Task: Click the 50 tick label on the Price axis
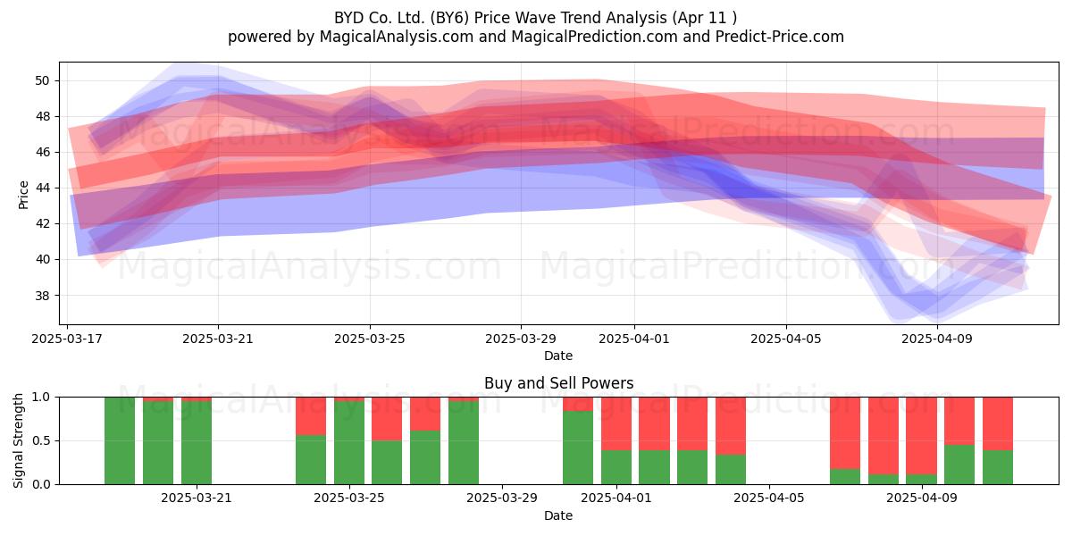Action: [x=42, y=80]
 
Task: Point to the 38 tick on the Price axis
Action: [x=42, y=296]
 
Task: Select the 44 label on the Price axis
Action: [x=42, y=188]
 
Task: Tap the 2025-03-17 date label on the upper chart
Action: [x=67, y=339]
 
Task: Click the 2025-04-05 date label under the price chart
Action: [x=786, y=339]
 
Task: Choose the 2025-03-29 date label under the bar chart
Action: [x=502, y=498]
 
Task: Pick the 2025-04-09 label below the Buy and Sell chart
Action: [x=922, y=498]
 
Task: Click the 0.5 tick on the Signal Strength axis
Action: [x=41, y=440]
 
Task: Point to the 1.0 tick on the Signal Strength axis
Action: [x=41, y=398]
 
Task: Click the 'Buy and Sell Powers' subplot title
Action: [x=558, y=383]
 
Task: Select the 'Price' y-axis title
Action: [x=23, y=195]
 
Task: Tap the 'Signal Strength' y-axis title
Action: [x=18, y=440]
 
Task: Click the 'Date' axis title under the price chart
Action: [x=558, y=356]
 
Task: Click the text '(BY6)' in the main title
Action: [x=452, y=18]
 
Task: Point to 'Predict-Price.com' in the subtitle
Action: [x=780, y=37]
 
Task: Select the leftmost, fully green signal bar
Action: [x=120, y=440]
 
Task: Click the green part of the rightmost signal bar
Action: [x=998, y=467]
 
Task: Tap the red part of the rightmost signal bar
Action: [x=998, y=423]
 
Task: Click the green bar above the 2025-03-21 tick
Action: [x=197, y=443]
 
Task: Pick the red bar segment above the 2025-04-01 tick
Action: [x=616, y=423]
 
